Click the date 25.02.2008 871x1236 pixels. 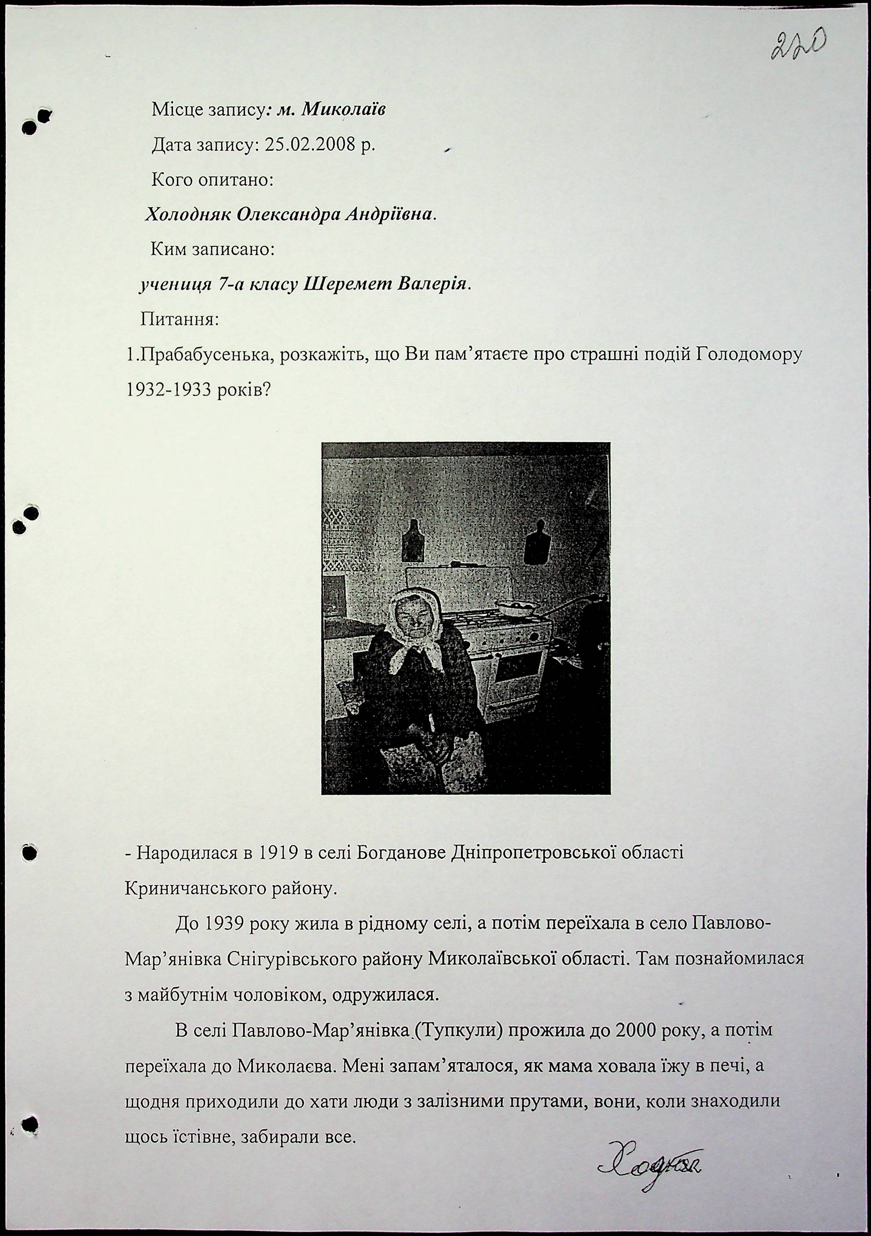click(x=310, y=145)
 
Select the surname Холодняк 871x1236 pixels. click(x=188, y=215)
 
